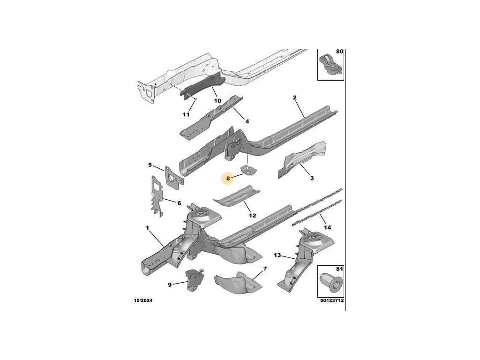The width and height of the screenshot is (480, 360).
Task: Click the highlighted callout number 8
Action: coord(228,178)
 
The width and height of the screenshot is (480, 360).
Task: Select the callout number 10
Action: coord(217,101)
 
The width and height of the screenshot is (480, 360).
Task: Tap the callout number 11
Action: coord(186,115)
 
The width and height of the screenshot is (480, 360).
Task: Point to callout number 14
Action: coord(328,227)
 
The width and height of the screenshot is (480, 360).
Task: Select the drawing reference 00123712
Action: coord(331,300)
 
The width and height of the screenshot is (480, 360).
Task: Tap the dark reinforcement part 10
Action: coord(202,88)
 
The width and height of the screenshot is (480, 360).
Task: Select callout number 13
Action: coord(277,255)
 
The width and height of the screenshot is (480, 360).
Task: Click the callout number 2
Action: coord(295,97)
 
